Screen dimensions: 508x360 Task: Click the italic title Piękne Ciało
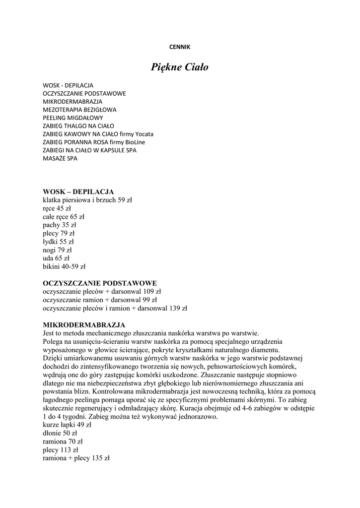click(180, 67)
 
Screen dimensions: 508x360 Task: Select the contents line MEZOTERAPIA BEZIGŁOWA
click(79, 109)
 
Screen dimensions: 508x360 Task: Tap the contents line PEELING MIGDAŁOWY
click(73, 118)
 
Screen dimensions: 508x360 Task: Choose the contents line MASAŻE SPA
click(60, 158)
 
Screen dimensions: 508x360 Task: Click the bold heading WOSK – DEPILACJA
click(78, 191)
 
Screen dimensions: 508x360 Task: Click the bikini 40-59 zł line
click(64, 266)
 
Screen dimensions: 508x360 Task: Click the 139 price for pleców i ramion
click(173, 308)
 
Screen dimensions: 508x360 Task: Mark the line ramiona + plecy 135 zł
click(76, 458)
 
